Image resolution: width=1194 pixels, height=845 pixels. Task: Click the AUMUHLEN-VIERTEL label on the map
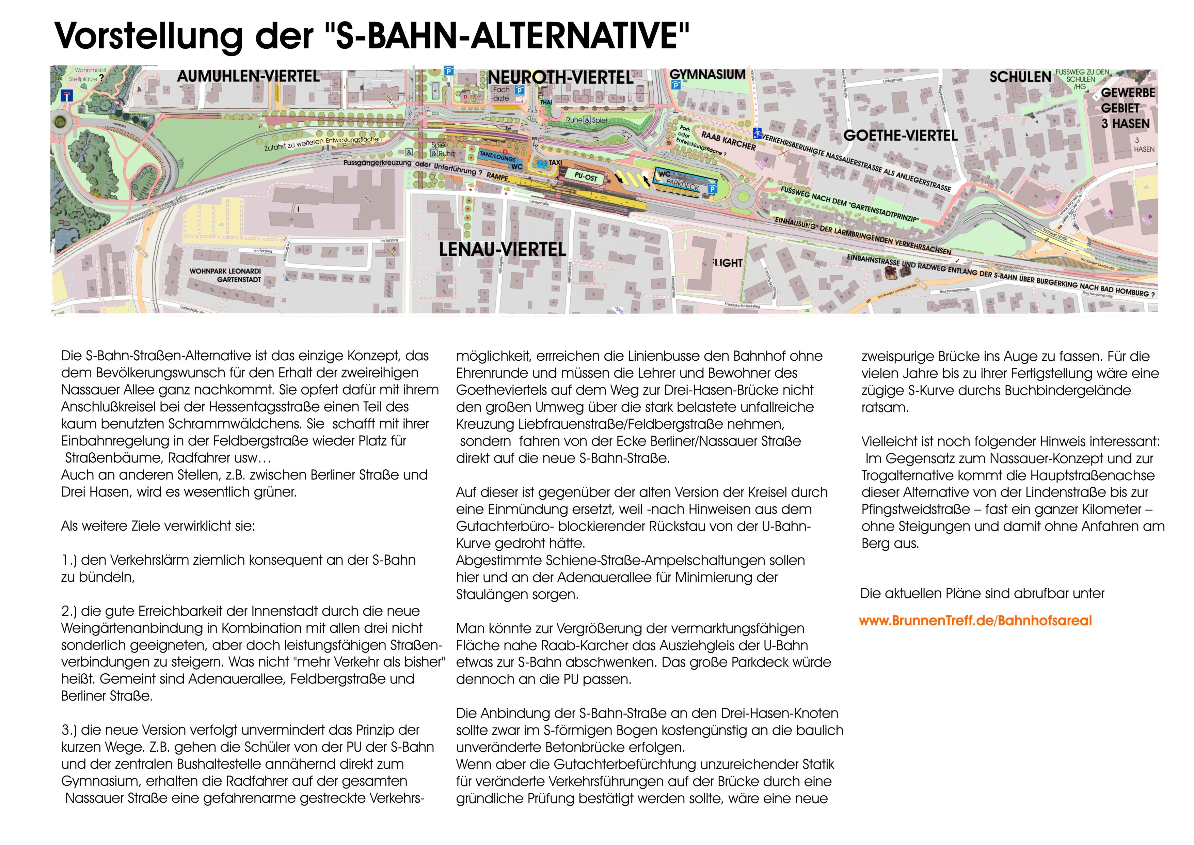coord(248,77)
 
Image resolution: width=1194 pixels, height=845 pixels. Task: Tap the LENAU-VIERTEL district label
coord(503,250)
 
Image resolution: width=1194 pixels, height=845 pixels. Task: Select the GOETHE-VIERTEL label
coord(900,136)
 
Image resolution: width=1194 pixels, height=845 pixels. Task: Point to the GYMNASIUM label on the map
coord(707,74)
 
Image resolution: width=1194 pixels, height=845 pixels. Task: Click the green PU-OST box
coord(586,177)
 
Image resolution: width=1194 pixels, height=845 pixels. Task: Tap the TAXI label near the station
coord(555,162)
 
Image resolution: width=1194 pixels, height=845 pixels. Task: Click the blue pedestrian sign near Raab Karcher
coord(758,133)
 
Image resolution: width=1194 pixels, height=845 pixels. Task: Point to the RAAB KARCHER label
coord(728,140)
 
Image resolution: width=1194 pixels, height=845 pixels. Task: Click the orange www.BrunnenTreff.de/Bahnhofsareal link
coord(975,621)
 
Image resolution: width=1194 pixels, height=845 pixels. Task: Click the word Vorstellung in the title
coord(148,35)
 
